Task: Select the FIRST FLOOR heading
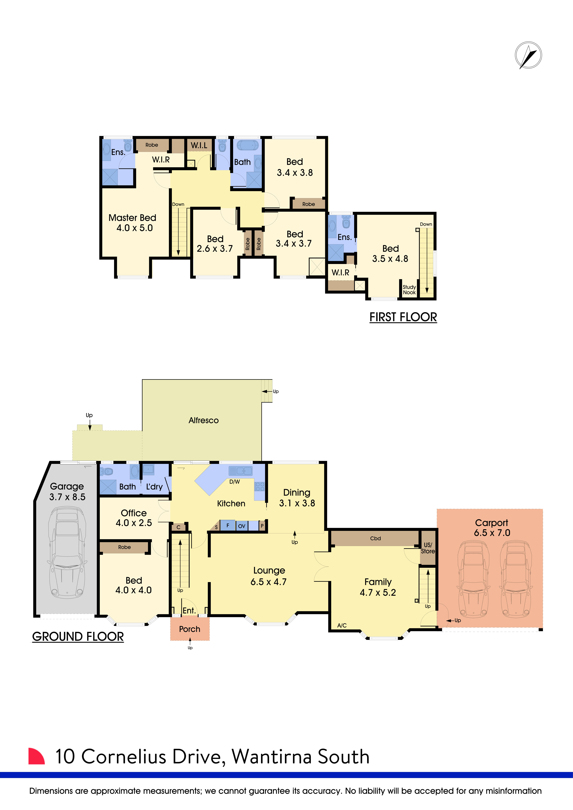403,317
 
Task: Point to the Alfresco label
204,420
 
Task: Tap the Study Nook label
409,290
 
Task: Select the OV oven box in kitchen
242,526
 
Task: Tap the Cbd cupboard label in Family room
375,538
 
